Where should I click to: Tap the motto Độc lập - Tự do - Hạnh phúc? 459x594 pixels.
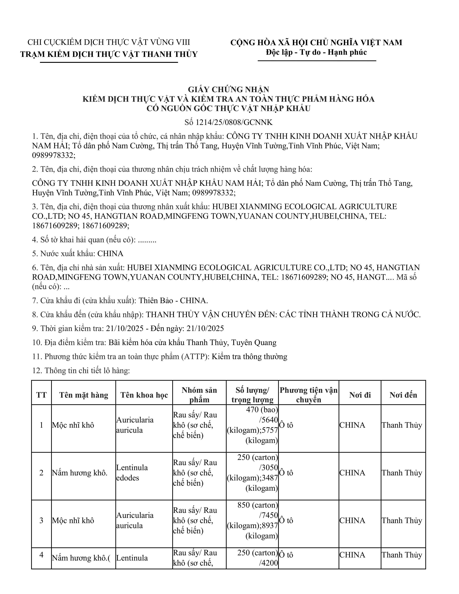point(316,52)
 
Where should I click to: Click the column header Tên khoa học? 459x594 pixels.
point(144,395)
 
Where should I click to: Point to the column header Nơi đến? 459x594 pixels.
point(403,395)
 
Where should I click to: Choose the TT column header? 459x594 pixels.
point(41,395)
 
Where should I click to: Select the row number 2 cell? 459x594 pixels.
point(41,473)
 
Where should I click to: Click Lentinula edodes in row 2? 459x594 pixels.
point(132,473)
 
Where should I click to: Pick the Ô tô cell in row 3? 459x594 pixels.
point(286,520)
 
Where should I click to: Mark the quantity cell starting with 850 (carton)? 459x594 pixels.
point(252,520)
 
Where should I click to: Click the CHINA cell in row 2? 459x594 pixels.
point(352,473)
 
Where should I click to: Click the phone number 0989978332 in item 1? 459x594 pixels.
point(53,156)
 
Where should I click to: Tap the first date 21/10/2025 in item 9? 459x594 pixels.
point(125,328)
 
